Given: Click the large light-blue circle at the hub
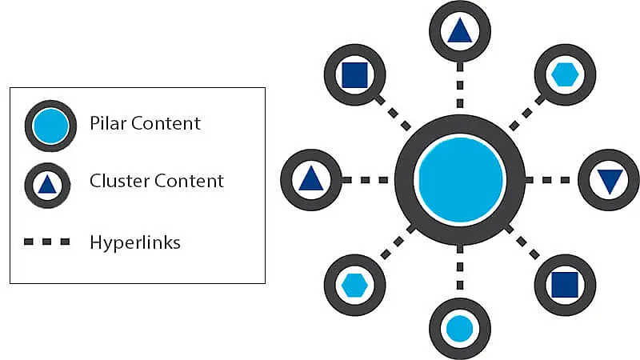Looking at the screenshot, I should pyautogui.click(x=460, y=179).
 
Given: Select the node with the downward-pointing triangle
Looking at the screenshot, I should pyautogui.click(x=609, y=179).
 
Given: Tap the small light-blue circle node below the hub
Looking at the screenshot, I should pyautogui.click(x=459, y=328).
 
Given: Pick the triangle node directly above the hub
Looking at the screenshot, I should pyautogui.click(x=459, y=30).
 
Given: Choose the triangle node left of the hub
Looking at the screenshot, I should pyautogui.click(x=310, y=179).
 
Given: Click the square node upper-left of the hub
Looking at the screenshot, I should pyautogui.click(x=354, y=74).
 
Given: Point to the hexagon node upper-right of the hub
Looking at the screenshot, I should pyautogui.click(x=565, y=74).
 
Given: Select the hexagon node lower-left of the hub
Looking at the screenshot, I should pyautogui.click(x=354, y=284).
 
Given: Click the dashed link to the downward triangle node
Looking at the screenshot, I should pyautogui.click(x=552, y=179).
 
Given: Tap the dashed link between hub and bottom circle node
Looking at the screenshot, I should pyautogui.click(x=459, y=271).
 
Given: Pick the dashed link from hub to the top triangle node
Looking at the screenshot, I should pyautogui.click(x=459, y=86).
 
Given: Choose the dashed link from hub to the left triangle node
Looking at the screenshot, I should pyautogui.click(x=367, y=179).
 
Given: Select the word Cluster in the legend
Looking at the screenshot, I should pyautogui.click(x=117, y=181).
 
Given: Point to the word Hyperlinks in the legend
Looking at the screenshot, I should pyautogui.click(x=135, y=242).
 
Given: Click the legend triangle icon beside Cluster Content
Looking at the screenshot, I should pyautogui.click(x=48, y=184).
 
